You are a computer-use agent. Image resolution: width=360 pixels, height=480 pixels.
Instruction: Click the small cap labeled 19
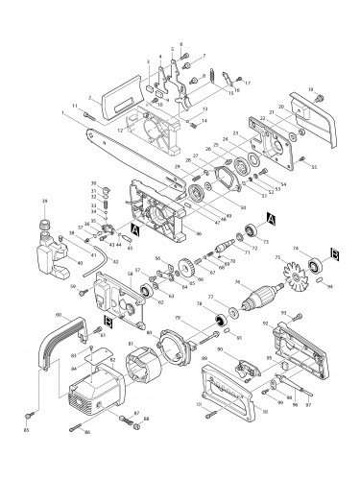(317, 97)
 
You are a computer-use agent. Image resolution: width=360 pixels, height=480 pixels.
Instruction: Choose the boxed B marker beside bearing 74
(336, 253)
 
